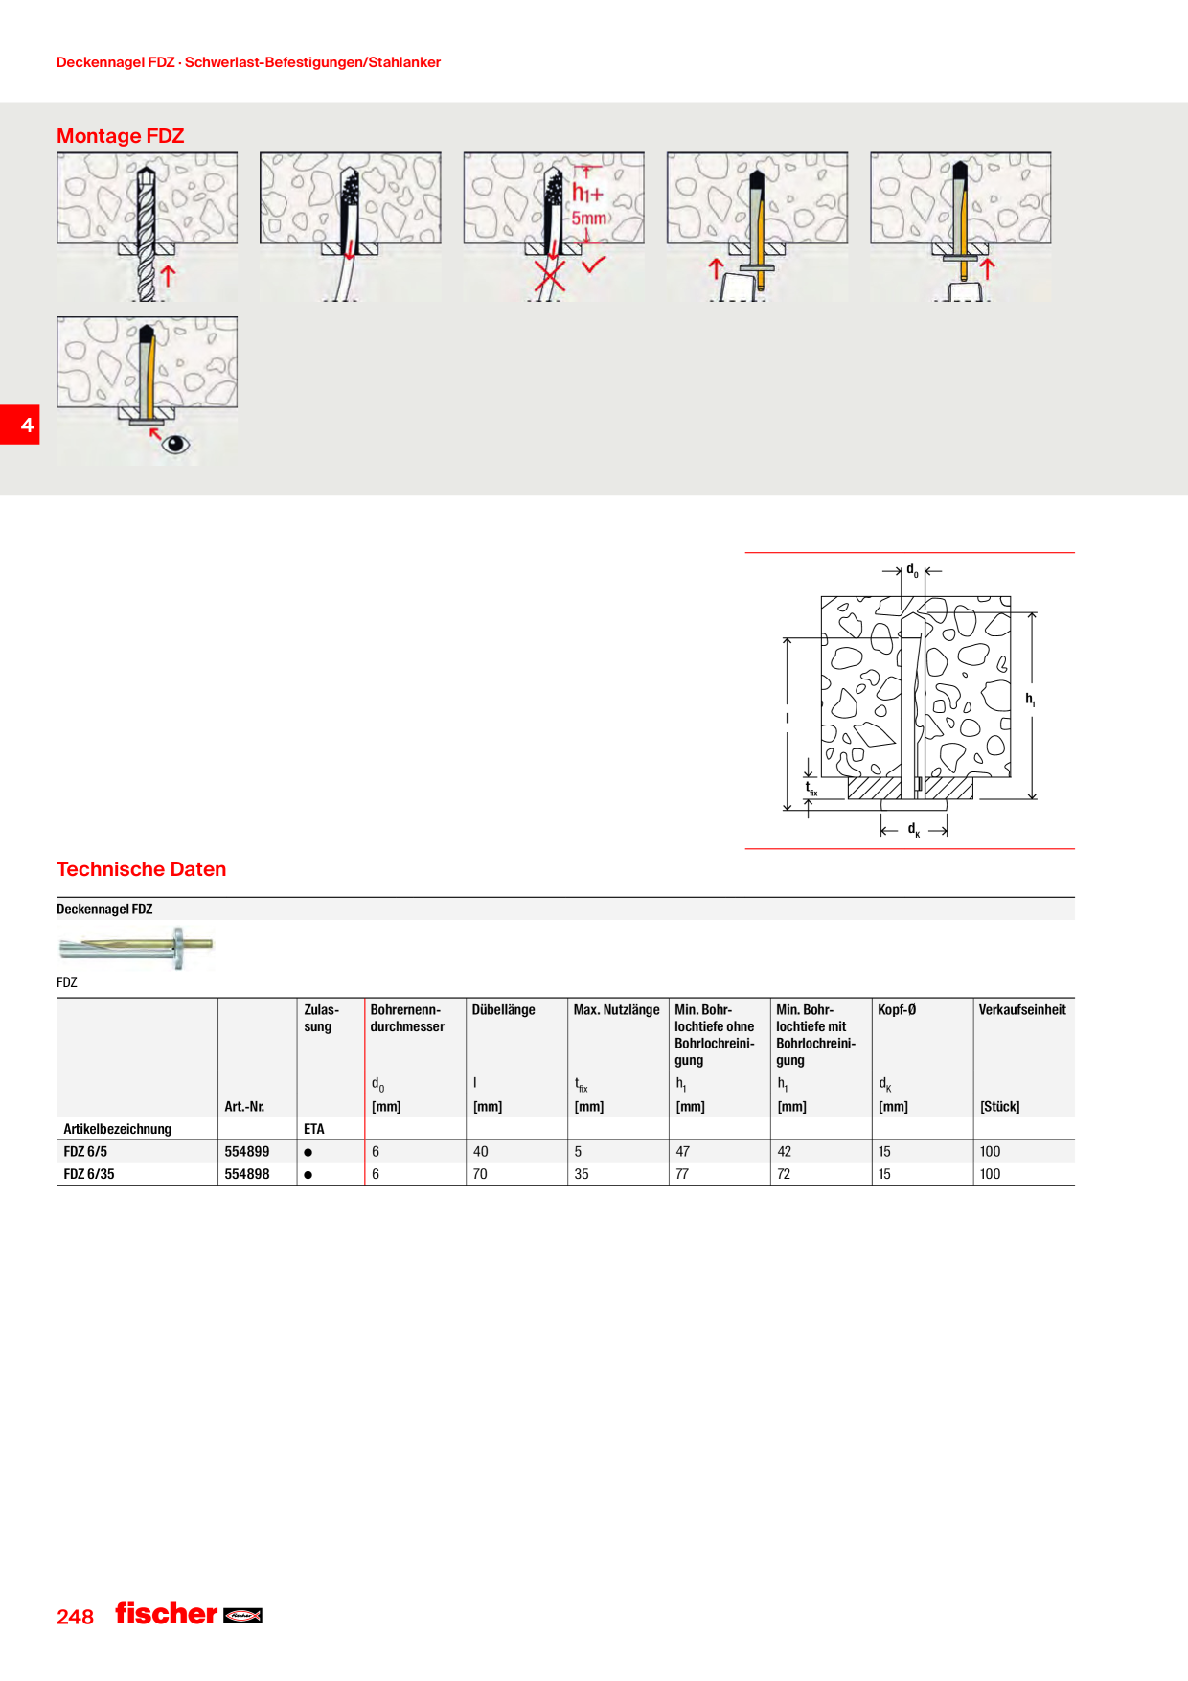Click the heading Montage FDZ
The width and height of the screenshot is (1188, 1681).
click(x=120, y=136)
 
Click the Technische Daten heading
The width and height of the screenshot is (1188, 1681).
click(x=141, y=869)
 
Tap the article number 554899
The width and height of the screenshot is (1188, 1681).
click(x=246, y=1151)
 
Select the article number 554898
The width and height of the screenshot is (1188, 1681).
click(x=246, y=1174)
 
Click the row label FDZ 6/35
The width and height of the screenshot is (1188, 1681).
click(x=88, y=1174)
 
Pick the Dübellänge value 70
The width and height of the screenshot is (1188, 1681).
click(x=480, y=1174)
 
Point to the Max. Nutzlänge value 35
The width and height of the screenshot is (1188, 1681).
click(x=582, y=1174)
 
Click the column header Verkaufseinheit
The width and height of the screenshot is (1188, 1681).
click(x=1022, y=1009)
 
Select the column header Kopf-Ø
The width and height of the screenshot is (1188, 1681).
click(x=897, y=1009)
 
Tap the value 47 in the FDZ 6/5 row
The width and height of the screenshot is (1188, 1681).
click(x=682, y=1151)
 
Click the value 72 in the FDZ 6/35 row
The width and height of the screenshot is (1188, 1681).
click(x=784, y=1174)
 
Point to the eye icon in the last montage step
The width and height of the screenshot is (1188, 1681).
click(x=175, y=444)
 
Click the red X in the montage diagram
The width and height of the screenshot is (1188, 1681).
click(x=549, y=274)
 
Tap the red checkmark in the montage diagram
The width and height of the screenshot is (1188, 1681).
click(x=594, y=264)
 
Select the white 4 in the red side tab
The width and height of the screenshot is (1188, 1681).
click(x=27, y=425)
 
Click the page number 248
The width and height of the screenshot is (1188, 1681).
click(x=75, y=1617)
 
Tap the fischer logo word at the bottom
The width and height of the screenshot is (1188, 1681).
click(x=167, y=1614)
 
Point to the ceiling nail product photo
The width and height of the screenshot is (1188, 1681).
click(x=136, y=948)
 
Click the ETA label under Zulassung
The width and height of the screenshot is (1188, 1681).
click(x=314, y=1129)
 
